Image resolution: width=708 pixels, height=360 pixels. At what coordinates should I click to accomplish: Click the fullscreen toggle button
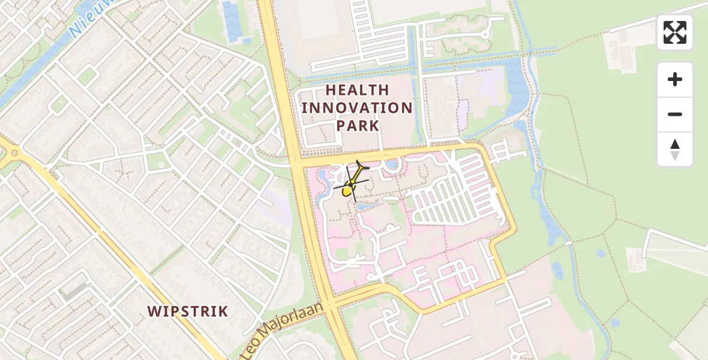coord(675,32)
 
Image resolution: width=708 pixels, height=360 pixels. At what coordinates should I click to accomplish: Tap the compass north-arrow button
coord(675,149)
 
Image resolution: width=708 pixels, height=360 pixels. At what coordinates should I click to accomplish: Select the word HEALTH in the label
coord(357,91)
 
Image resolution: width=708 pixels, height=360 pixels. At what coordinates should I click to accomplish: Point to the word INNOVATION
coord(357,108)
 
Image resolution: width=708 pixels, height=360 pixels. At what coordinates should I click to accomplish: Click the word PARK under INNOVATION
coord(358,125)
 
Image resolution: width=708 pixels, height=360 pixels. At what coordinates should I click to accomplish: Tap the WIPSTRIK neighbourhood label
coord(188,311)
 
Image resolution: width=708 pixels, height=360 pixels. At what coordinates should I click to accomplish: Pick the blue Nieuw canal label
coord(84,21)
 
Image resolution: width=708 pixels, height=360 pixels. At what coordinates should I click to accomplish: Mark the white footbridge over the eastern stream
coord(568,244)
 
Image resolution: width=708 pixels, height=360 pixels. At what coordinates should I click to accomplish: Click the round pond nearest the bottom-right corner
coord(614,323)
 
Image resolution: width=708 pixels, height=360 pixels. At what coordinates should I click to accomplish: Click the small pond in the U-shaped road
coord(392,163)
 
